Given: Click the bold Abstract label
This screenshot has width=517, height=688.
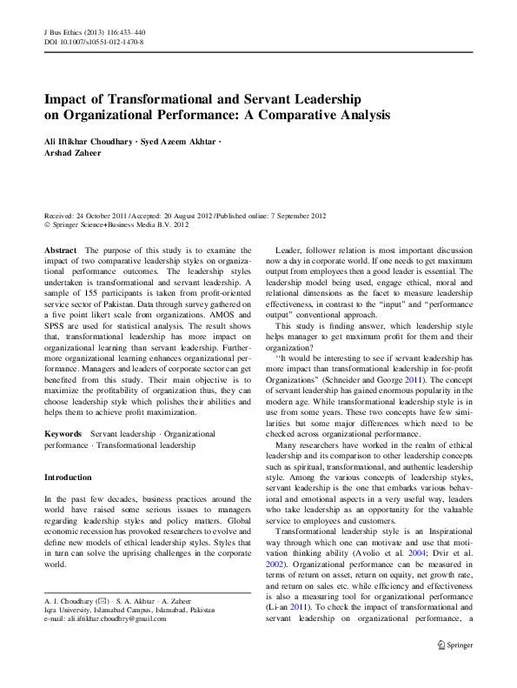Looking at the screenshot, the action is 60,249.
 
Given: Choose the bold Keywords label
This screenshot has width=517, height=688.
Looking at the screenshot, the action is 63,432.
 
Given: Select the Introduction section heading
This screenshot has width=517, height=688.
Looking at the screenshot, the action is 68,478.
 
